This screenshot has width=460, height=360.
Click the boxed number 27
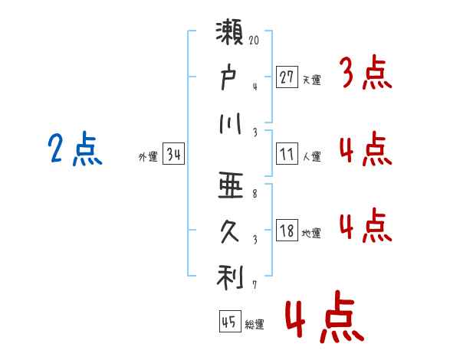[x=287, y=77]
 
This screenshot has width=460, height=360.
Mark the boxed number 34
[x=173, y=155]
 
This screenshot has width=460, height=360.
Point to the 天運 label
[x=311, y=79]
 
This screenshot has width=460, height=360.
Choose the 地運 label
[x=311, y=233]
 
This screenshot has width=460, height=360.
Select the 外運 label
[x=147, y=157]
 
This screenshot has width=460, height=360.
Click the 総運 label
[x=255, y=325]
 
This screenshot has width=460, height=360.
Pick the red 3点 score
[x=365, y=73]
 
